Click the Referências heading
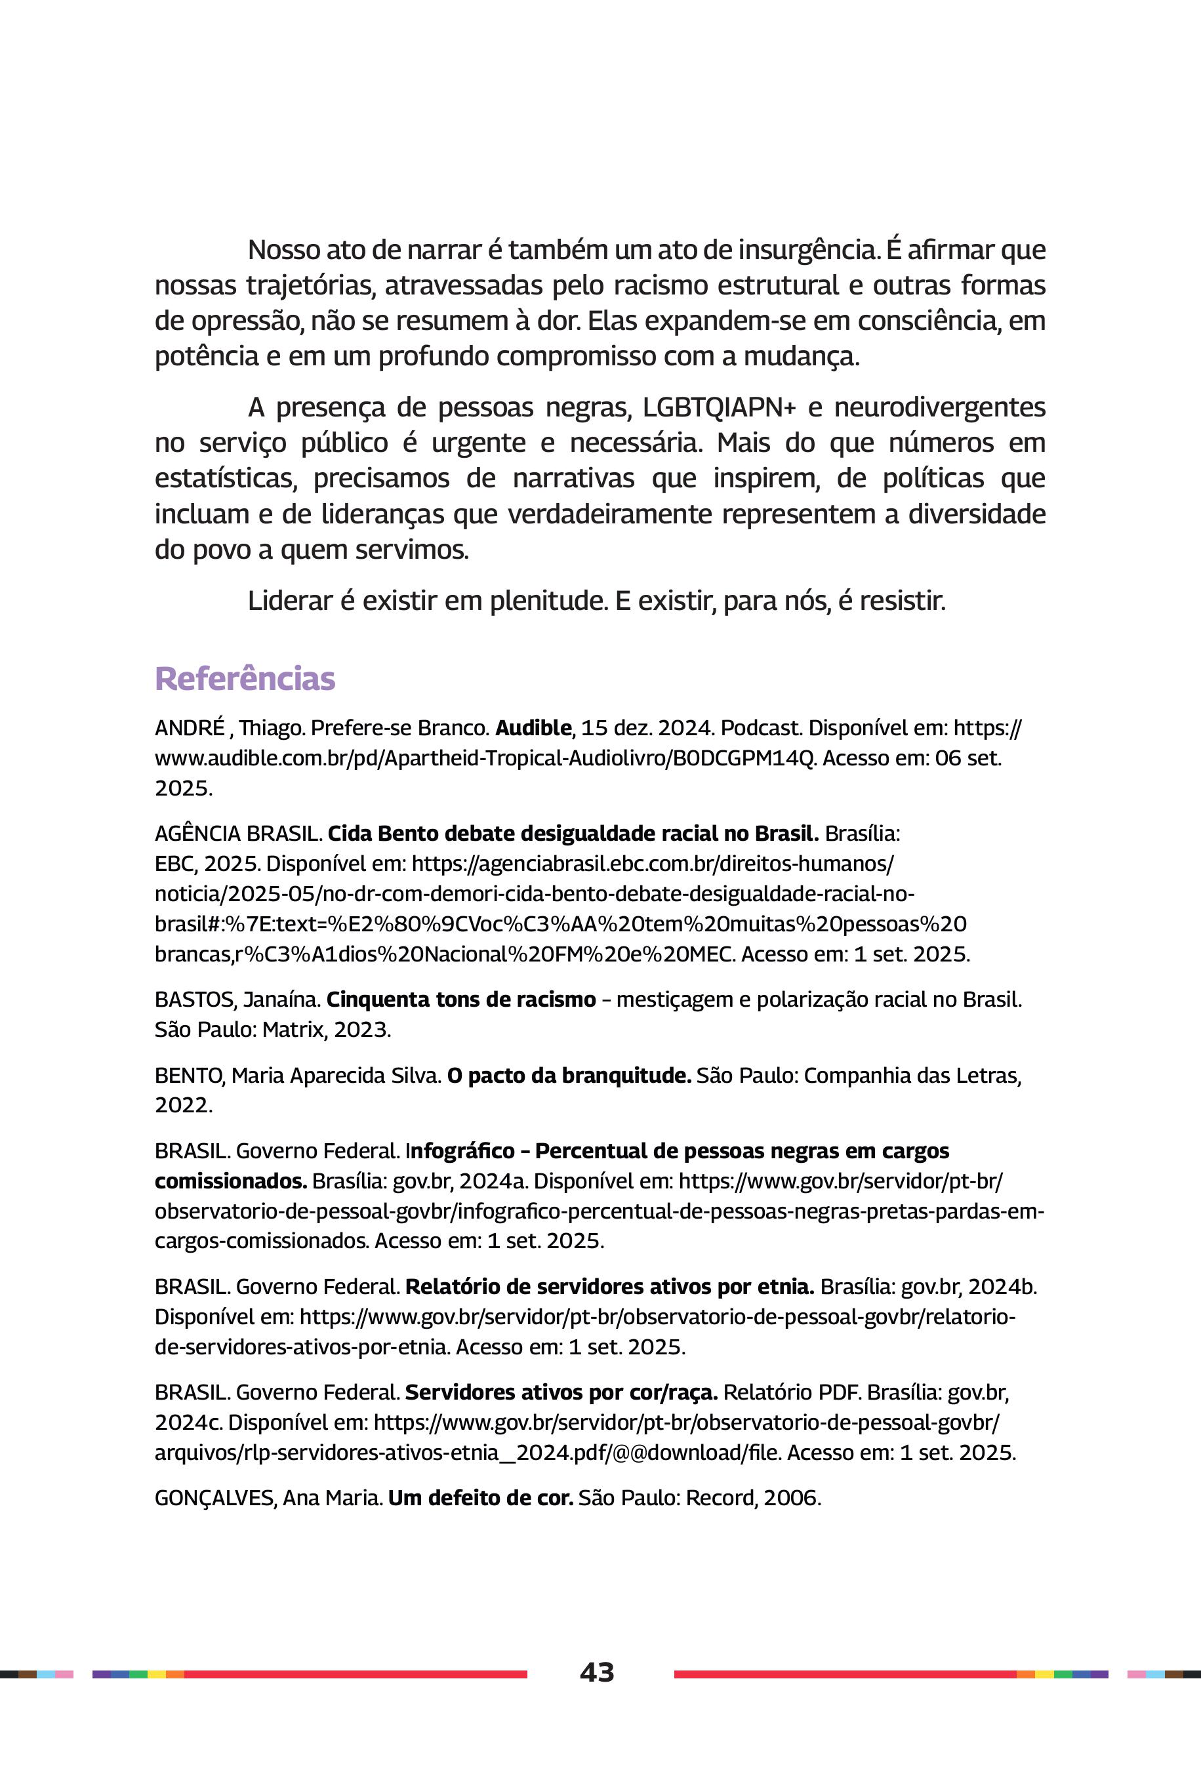(x=245, y=678)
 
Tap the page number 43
(x=597, y=1672)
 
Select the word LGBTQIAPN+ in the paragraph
(x=718, y=407)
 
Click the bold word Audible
(x=533, y=727)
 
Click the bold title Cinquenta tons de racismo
(x=460, y=1000)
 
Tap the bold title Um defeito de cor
(x=480, y=1497)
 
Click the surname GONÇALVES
(x=214, y=1497)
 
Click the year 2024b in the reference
(x=1001, y=1287)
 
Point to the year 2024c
(x=187, y=1422)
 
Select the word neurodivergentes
(x=939, y=407)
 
